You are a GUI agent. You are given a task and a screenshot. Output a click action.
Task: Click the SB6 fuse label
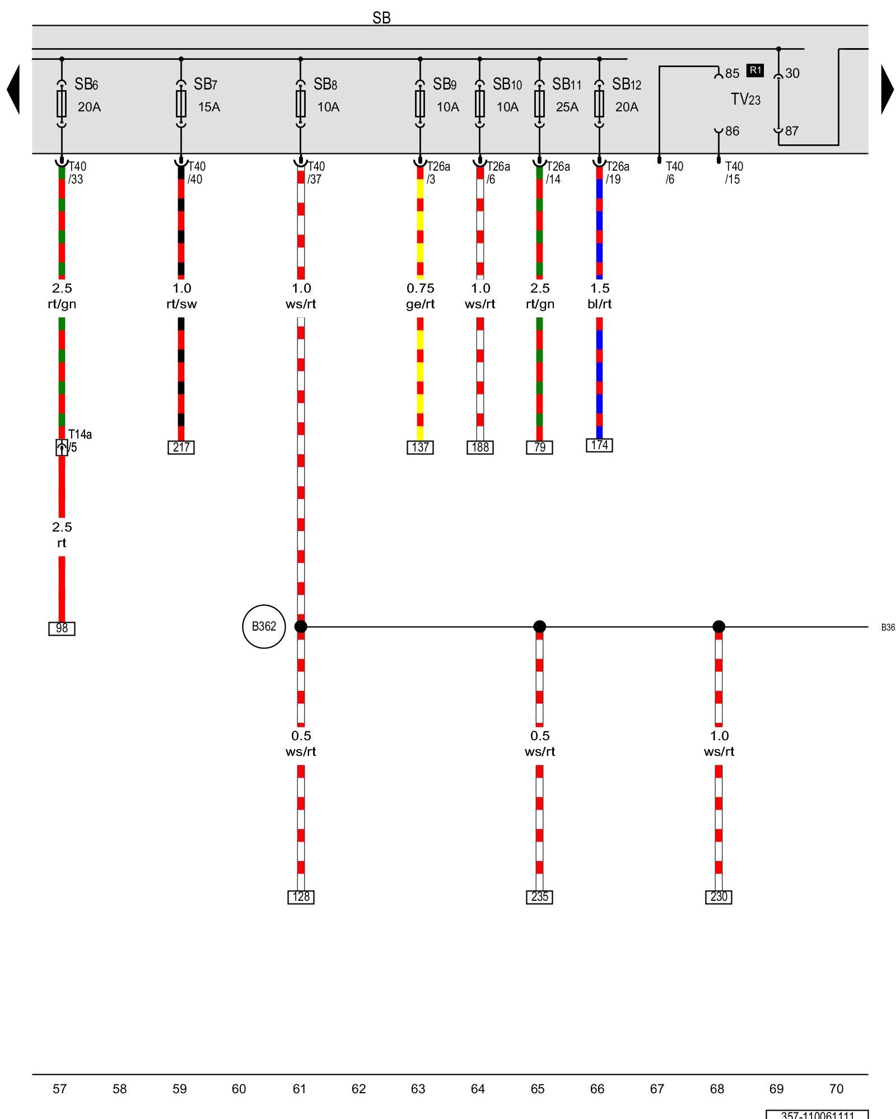[86, 84]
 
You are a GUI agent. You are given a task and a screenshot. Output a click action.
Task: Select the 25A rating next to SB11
[567, 107]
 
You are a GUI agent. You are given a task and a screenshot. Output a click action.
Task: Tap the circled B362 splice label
[264, 626]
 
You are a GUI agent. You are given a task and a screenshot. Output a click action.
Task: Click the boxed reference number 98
[62, 628]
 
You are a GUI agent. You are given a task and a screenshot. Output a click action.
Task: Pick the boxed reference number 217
[181, 448]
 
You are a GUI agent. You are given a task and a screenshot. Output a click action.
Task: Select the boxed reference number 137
[420, 448]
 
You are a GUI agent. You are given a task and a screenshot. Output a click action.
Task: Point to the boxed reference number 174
[599, 445]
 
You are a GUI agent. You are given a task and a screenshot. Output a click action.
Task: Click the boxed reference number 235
[539, 897]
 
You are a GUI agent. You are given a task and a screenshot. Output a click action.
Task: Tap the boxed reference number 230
[718, 897]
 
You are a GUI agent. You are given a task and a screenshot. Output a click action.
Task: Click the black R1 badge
[755, 70]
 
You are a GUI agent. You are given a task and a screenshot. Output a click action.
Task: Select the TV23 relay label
[745, 100]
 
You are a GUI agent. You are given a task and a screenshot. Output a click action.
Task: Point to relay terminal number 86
[732, 131]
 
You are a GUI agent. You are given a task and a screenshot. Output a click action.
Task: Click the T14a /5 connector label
[79, 441]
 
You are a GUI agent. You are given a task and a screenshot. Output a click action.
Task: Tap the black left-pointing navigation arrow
[13, 90]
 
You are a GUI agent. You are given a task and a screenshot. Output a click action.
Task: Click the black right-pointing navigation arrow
[887, 90]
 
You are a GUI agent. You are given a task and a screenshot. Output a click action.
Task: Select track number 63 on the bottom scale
[418, 1089]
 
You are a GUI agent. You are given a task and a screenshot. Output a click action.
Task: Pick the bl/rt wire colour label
[599, 304]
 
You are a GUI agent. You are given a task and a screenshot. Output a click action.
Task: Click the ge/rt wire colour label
[420, 304]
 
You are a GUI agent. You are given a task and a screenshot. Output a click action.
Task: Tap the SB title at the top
[381, 18]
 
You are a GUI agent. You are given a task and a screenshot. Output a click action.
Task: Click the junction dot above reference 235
[539, 627]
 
